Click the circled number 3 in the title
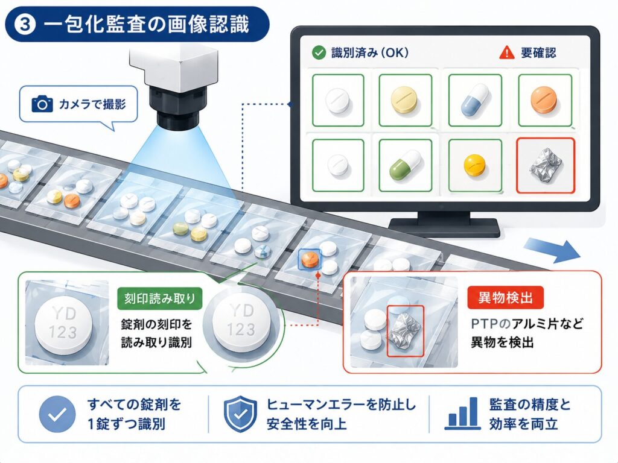pyautogui.click(x=24, y=24)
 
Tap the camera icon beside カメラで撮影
pyautogui.click(x=42, y=104)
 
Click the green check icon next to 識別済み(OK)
pyautogui.click(x=319, y=53)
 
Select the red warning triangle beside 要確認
pyautogui.click(x=506, y=53)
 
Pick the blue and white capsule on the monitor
pyautogui.click(x=474, y=100)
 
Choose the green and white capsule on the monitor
pyautogui.click(x=405, y=165)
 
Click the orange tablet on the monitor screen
pyautogui.click(x=544, y=100)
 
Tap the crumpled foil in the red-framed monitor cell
pyautogui.click(x=545, y=165)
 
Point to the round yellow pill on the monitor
pyautogui.click(x=474, y=165)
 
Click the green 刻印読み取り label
pyautogui.click(x=159, y=298)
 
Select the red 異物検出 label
pyautogui.click(x=505, y=297)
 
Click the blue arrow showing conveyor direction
pyautogui.click(x=552, y=250)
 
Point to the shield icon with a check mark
pyautogui.click(x=240, y=414)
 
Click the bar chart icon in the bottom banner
pyautogui.click(x=463, y=414)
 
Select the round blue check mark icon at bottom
pyautogui.click(x=57, y=414)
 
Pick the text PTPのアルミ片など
pyautogui.click(x=527, y=324)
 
